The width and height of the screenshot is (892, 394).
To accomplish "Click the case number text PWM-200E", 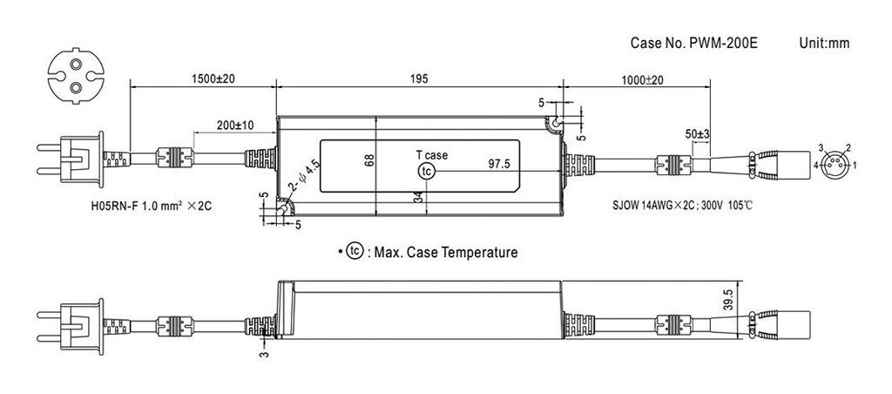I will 682,43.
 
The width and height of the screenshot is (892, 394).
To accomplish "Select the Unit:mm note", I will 823,43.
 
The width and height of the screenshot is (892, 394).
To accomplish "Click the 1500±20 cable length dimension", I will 202,79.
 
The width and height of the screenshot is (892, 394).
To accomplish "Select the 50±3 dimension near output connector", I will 697,135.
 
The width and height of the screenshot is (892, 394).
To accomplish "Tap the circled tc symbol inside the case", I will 425,172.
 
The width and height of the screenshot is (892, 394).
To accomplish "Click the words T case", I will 430,155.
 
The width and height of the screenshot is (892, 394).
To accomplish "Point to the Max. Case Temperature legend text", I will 443,253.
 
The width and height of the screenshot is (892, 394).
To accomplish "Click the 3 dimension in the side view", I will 263,355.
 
